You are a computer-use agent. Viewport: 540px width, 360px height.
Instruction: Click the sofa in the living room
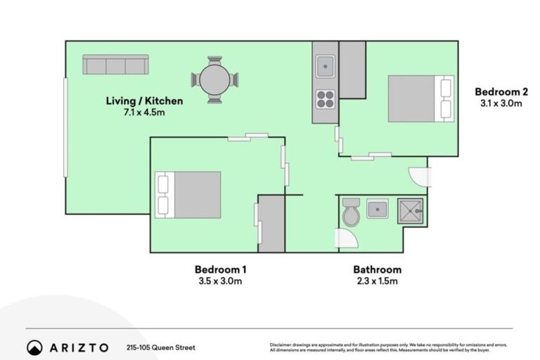click(x=115, y=65)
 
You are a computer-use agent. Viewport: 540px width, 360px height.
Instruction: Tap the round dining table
click(x=214, y=79)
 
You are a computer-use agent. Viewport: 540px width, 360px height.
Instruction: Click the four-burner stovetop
click(x=325, y=99)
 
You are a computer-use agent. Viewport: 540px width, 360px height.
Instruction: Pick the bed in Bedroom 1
click(x=189, y=194)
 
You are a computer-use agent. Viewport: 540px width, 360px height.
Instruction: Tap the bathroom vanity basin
click(x=378, y=209)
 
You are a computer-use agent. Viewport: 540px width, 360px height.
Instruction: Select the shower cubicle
click(x=409, y=210)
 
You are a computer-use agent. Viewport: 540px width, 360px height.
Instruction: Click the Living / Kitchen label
click(x=144, y=101)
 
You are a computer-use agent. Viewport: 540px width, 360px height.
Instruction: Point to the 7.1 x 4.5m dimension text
click(x=144, y=113)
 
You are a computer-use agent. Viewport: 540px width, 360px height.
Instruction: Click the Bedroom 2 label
click(x=501, y=91)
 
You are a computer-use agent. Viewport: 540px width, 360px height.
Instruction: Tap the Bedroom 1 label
click(x=220, y=269)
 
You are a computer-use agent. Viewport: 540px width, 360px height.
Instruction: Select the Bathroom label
click(x=377, y=269)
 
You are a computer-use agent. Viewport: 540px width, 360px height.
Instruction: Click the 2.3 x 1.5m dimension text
click(x=377, y=282)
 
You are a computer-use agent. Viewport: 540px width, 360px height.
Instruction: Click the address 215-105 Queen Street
click(x=161, y=347)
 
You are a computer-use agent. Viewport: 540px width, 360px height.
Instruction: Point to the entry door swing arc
click(x=420, y=177)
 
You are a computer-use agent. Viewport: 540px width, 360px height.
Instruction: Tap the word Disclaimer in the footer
click(x=280, y=345)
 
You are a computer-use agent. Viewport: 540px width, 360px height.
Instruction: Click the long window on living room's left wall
click(x=65, y=127)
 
